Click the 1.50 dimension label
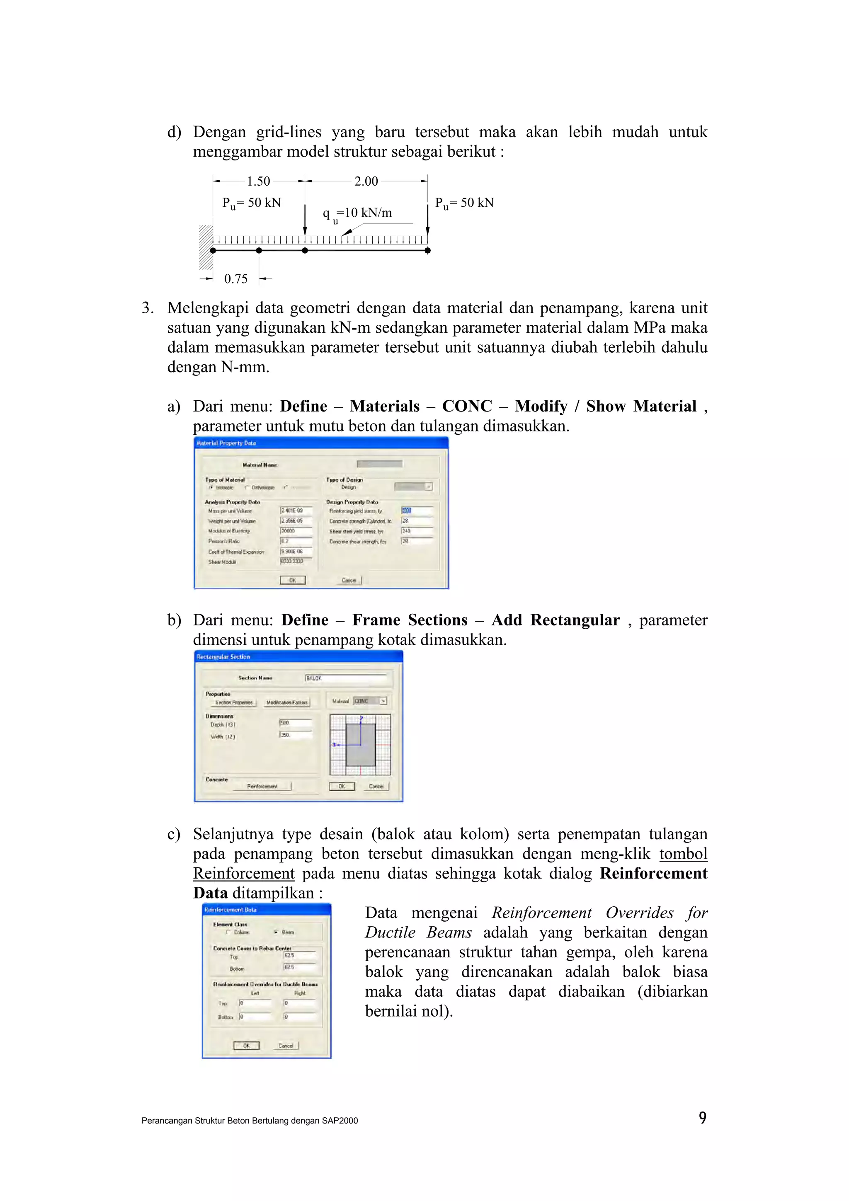click(258, 182)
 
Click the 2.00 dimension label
click(366, 182)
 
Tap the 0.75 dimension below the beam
click(235, 279)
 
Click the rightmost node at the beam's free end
click(427, 251)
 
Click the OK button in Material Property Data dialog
click(292, 580)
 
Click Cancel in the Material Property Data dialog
click(349, 580)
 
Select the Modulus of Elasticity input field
click(296, 531)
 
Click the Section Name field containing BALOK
click(345, 678)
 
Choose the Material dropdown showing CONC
click(370, 701)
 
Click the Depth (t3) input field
click(296, 723)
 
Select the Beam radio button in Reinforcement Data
click(276, 932)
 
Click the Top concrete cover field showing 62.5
click(299, 955)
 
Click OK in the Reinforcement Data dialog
click(246, 1046)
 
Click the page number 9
click(703, 1117)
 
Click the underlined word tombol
click(683, 854)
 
